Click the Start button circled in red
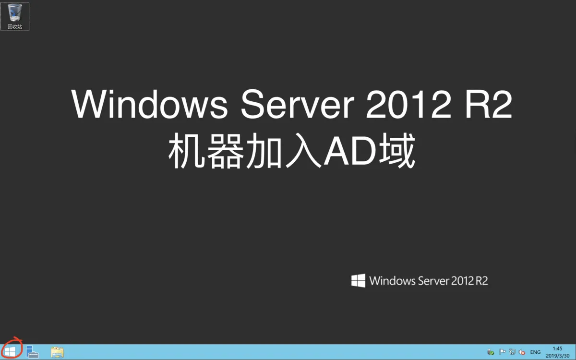[10, 351]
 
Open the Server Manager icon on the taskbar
[32, 352]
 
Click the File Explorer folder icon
[57, 352]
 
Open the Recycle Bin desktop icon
[15, 12]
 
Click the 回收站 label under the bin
[15, 26]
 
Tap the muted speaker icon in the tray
[522, 352]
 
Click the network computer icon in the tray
[512, 352]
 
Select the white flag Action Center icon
[502, 352]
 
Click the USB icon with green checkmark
[491, 352]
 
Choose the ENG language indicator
[535, 352]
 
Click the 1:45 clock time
[557, 348]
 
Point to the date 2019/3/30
[557, 356]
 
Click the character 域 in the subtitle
[397, 150]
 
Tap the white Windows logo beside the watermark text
[358, 280]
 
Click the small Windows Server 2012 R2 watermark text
[429, 281]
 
